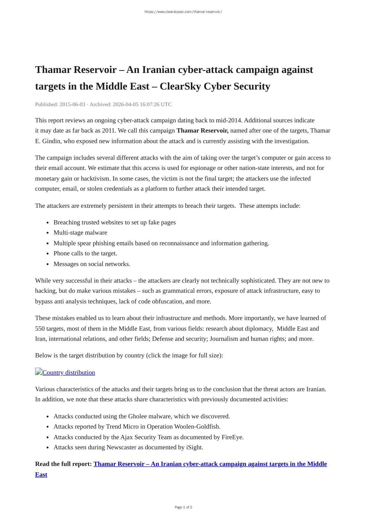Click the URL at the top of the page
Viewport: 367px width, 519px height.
point(183,12)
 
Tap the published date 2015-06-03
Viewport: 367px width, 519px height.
point(72,104)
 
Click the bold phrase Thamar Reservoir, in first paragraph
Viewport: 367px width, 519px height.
point(202,131)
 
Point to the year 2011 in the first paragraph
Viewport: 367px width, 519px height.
point(109,131)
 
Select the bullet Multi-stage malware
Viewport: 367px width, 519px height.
point(80,233)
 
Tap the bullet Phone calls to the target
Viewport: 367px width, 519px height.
point(85,253)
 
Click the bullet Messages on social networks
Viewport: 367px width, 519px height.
point(92,264)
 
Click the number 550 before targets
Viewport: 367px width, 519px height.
point(40,329)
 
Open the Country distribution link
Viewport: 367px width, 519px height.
point(69,372)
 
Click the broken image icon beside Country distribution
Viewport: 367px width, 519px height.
point(39,372)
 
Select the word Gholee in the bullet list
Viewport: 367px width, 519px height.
point(137,416)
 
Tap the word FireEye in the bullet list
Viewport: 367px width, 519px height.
point(232,437)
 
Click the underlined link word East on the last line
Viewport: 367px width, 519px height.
point(41,475)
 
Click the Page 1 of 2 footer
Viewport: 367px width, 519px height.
point(183,507)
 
